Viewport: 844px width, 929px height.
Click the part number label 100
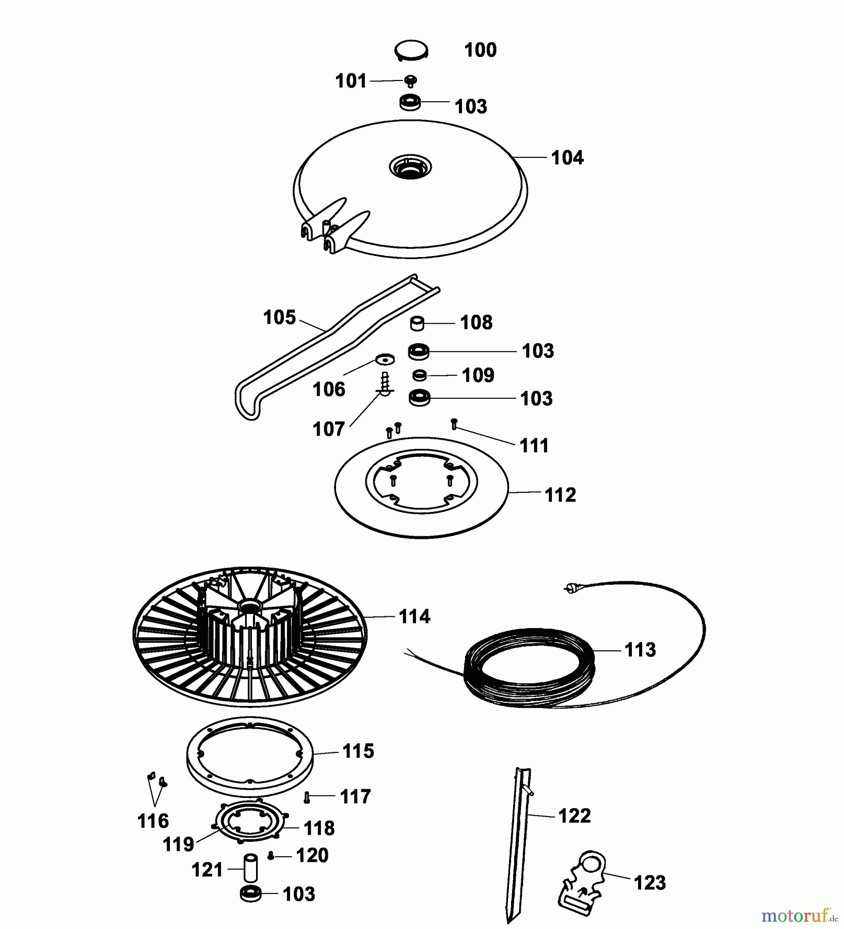[x=480, y=50]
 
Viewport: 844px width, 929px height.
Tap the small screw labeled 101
[x=411, y=81]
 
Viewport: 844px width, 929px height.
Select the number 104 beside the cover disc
[x=567, y=158]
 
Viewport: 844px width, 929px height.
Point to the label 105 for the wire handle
[x=279, y=317]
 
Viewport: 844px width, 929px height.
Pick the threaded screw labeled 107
[x=385, y=385]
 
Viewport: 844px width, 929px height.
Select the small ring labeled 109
[x=420, y=374]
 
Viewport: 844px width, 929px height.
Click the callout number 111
[x=534, y=445]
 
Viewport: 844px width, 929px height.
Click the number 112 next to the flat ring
[x=560, y=495]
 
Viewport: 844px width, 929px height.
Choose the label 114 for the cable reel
[x=414, y=616]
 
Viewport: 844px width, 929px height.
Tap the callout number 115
[x=358, y=751]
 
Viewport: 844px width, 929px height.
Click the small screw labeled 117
[x=307, y=797]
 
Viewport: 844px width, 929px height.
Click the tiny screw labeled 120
[x=270, y=855]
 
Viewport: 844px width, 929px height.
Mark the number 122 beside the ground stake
[x=574, y=816]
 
